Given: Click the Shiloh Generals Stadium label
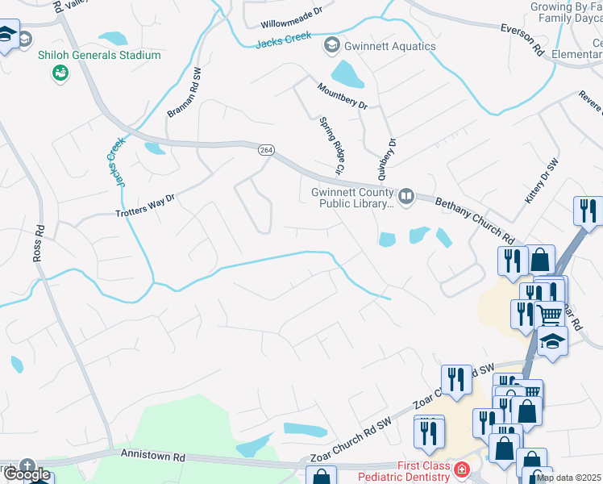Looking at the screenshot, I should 100,55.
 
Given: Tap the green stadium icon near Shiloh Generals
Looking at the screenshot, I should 60,74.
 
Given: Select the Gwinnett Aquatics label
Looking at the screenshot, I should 390,46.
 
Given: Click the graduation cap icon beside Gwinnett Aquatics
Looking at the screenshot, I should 331,45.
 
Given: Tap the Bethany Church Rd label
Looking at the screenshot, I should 475,219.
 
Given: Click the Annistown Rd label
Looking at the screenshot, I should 152,456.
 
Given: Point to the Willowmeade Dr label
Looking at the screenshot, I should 291,13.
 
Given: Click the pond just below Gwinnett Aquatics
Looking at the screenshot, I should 348,75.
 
